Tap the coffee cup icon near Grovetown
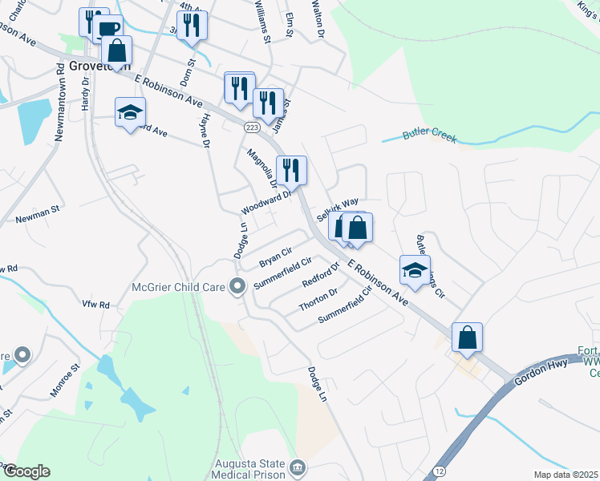tap(108, 30)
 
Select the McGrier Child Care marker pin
tap(237, 285)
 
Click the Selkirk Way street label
tap(336, 211)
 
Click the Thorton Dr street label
tap(318, 299)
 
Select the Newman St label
tap(38, 217)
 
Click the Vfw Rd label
tap(95, 305)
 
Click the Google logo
tap(26, 471)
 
